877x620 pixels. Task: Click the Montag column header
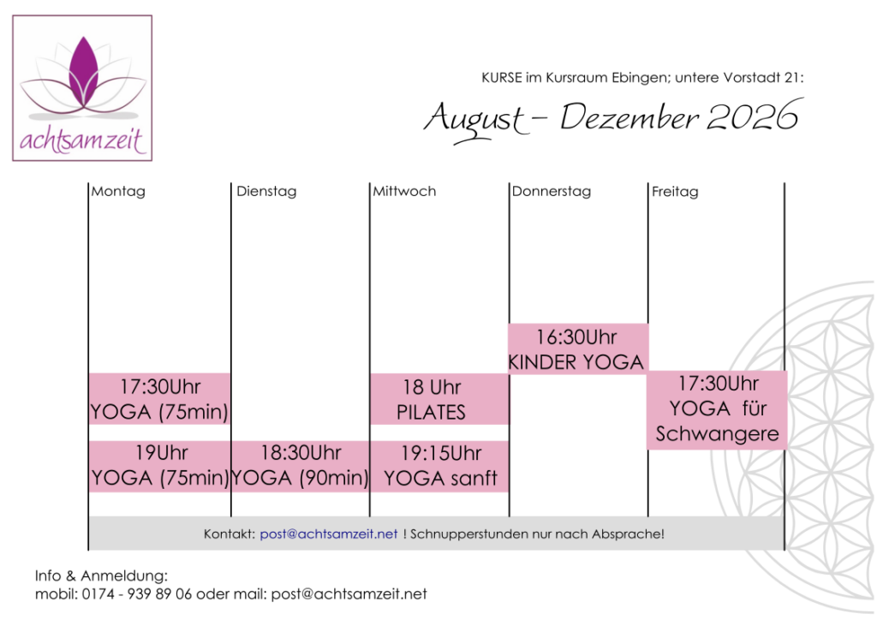click(x=118, y=191)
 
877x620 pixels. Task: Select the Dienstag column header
click(x=266, y=191)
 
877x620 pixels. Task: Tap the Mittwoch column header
click(x=404, y=191)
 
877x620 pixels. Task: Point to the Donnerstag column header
click(x=552, y=191)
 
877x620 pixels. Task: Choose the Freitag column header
click(x=675, y=192)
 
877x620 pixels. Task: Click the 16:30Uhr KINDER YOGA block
click(x=578, y=349)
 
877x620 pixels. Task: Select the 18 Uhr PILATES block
click(x=439, y=399)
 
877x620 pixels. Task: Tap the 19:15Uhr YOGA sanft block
click(x=439, y=466)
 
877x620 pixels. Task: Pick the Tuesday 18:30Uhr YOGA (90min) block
click(x=301, y=466)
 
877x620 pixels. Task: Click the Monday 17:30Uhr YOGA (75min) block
click(x=159, y=398)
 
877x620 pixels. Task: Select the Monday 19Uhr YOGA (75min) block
click(x=159, y=466)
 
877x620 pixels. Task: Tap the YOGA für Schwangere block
click(x=717, y=410)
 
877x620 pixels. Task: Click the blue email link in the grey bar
click(x=329, y=534)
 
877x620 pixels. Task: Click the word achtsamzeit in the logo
click(x=82, y=140)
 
